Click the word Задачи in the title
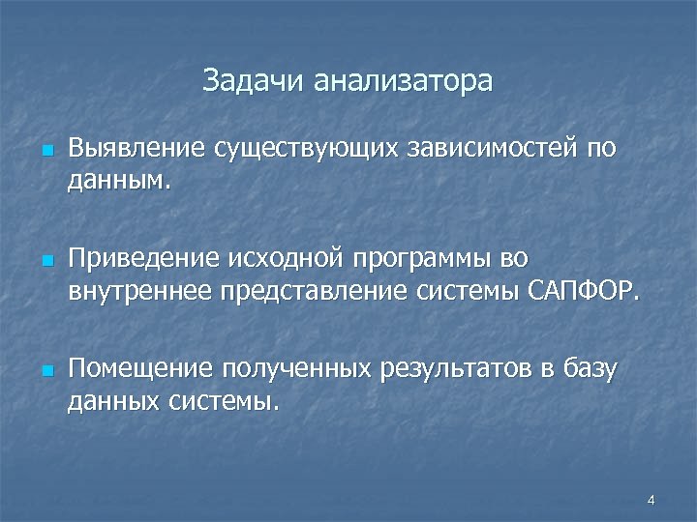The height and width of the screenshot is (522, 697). [x=254, y=81]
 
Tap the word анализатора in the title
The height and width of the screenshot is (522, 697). [x=402, y=81]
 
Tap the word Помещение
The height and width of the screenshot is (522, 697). [x=141, y=370]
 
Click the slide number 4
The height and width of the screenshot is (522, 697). [x=652, y=500]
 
